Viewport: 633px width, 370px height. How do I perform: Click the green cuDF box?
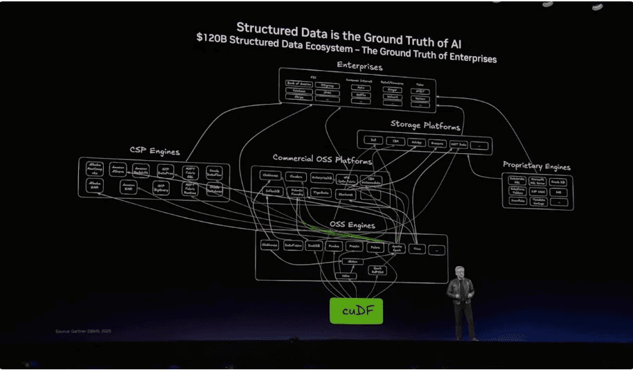pos(356,311)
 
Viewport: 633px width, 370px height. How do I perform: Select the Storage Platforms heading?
pos(425,127)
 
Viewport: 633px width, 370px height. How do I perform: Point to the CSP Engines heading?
pos(154,151)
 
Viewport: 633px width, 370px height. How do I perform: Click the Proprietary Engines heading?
pos(537,166)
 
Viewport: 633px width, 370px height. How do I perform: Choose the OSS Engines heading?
pos(352,225)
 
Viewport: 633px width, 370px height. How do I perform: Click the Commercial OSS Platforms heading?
pos(322,159)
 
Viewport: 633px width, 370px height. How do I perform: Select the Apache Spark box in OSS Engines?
pos(397,247)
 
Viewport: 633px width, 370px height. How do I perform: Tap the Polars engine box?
pos(375,247)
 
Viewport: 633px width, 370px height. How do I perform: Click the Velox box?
pos(346,275)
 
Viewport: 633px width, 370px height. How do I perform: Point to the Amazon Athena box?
pos(117,169)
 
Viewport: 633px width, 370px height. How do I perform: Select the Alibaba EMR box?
pos(94,186)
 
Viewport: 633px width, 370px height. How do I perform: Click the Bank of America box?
pos(299,84)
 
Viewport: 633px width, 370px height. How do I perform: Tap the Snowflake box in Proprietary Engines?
pos(517,201)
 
